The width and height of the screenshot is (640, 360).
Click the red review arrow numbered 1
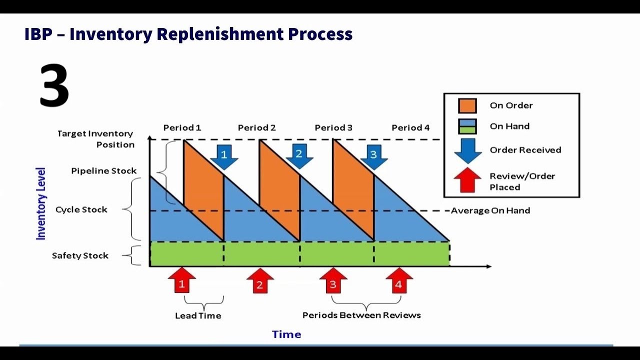182,281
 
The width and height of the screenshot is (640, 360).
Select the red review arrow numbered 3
333,281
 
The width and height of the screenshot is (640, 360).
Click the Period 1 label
182,127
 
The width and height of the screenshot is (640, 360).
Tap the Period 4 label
410,127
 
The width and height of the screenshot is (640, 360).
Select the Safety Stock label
80,255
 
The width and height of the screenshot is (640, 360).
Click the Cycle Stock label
81,209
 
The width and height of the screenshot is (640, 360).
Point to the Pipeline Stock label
103,170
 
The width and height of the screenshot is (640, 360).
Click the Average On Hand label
490,210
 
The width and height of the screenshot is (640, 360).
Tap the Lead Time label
198,315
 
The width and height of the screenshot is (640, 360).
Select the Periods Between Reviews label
361,315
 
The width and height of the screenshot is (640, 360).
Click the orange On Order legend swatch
467,105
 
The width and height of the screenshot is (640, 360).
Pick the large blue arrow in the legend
467,150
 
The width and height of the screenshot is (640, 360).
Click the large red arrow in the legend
467,180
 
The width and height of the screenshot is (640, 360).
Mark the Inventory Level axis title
41,203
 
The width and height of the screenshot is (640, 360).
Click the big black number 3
54,85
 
